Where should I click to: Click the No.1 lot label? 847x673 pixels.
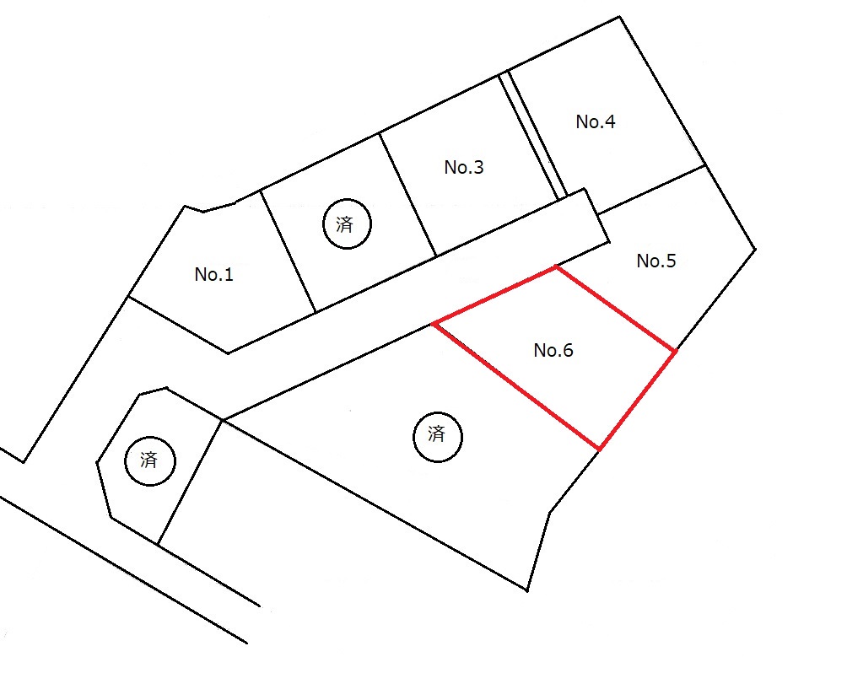[x=214, y=274]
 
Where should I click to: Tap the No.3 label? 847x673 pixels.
[x=464, y=168]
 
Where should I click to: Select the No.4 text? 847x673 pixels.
[x=596, y=122]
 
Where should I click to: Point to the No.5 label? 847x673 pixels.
[x=656, y=261]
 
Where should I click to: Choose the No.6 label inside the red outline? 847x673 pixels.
[x=553, y=351]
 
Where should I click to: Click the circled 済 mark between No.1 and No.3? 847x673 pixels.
[x=347, y=223]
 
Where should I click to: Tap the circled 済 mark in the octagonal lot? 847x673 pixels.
[x=149, y=460]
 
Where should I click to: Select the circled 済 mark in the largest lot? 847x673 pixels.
[x=438, y=436]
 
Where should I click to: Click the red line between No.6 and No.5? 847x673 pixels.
[x=616, y=309]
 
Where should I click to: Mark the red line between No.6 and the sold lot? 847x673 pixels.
[x=516, y=386]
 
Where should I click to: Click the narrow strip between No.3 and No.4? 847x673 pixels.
[x=532, y=134]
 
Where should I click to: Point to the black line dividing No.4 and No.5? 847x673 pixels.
[x=652, y=189]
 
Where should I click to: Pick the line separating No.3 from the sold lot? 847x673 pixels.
[x=407, y=195]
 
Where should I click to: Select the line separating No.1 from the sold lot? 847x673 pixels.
[x=288, y=251]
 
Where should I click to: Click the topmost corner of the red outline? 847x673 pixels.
[x=556, y=267]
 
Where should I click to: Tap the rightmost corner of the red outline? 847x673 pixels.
[x=675, y=352]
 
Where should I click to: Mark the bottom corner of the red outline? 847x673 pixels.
[x=600, y=449]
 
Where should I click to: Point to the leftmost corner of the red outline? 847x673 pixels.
[x=434, y=324]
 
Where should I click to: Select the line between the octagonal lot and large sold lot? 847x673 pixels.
[x=190, y=482]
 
